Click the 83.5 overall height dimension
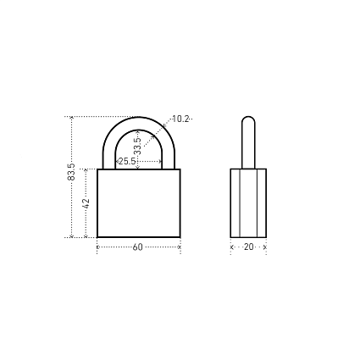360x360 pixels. coord(71,172)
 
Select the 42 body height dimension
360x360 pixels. coord(86,203)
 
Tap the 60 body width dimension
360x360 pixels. coord(137,247)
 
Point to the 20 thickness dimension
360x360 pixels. coord(248,247)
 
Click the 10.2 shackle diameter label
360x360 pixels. coord(180,119)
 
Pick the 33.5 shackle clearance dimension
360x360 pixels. coord(137,146)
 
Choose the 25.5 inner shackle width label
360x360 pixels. coord(127,162)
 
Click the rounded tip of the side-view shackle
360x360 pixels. coord(248,117)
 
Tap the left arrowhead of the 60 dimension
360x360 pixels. coord(98,247)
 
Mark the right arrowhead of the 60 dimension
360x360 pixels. coord(179,247)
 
